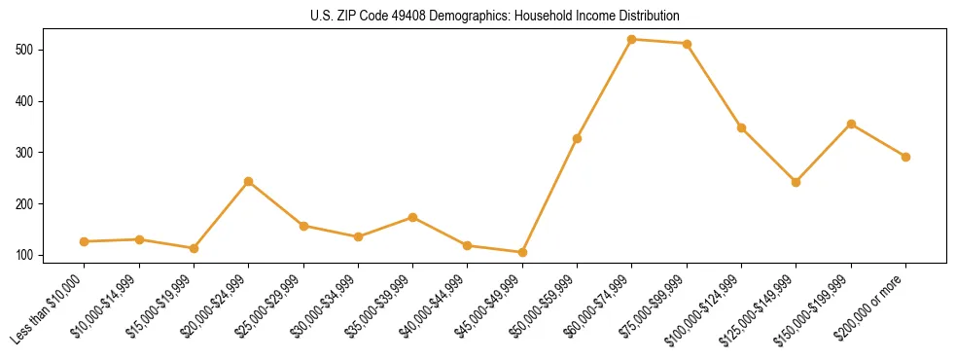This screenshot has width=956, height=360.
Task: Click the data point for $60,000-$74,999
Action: point(632,40)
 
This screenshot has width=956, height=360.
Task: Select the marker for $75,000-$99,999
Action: point(687,44)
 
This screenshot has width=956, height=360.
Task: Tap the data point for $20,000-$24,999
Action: point(249,182)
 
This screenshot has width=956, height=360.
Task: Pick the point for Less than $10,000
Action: point(85,241)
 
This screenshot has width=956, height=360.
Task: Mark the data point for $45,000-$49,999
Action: point(522,252)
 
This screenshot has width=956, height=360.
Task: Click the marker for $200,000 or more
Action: point(905,157)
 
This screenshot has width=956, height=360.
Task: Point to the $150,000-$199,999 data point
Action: point(851,125)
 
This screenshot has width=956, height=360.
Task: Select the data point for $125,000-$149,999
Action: point(797,182)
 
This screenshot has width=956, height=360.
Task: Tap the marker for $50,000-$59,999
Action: point(577,139)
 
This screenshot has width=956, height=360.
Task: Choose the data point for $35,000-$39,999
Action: point(413,218)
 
